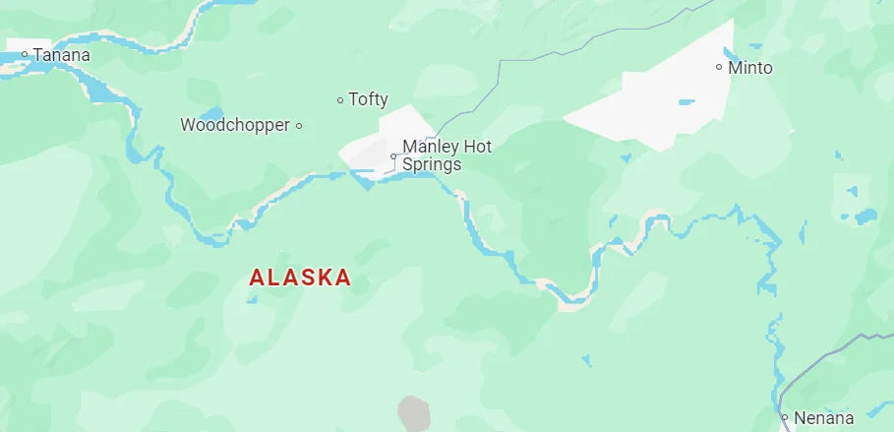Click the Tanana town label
pyautogui.click(x=61, y=55)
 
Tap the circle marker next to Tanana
pyautogui.click(x=25, y=55)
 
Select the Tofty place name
pyautogui.click(x=369, y=99)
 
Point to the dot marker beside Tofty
pyautogui.click(x=340, y=99)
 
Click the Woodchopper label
pyautogui.click(x=235, y=125)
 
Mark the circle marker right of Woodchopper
pyautogui.click(x=299, y=125)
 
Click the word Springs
pyautogui.click(x=431, y=164)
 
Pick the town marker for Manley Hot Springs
pyautogui.click(x=393, y=156)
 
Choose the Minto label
pyautogui.click(x=750, y=68)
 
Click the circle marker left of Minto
pyautogui.click(x=719, y=68)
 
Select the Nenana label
pyautogui.click(x=824, y=417)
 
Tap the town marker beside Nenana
pyautogui.click(x=785, y=417)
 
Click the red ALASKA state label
pyautogui.click(x=300, y=278)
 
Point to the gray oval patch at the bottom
pyautogui.click(x=414, y=414)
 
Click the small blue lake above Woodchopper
pyautogui.click(x=211, y=114)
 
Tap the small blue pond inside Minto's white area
pyautogui.click(x=685, y=101)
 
